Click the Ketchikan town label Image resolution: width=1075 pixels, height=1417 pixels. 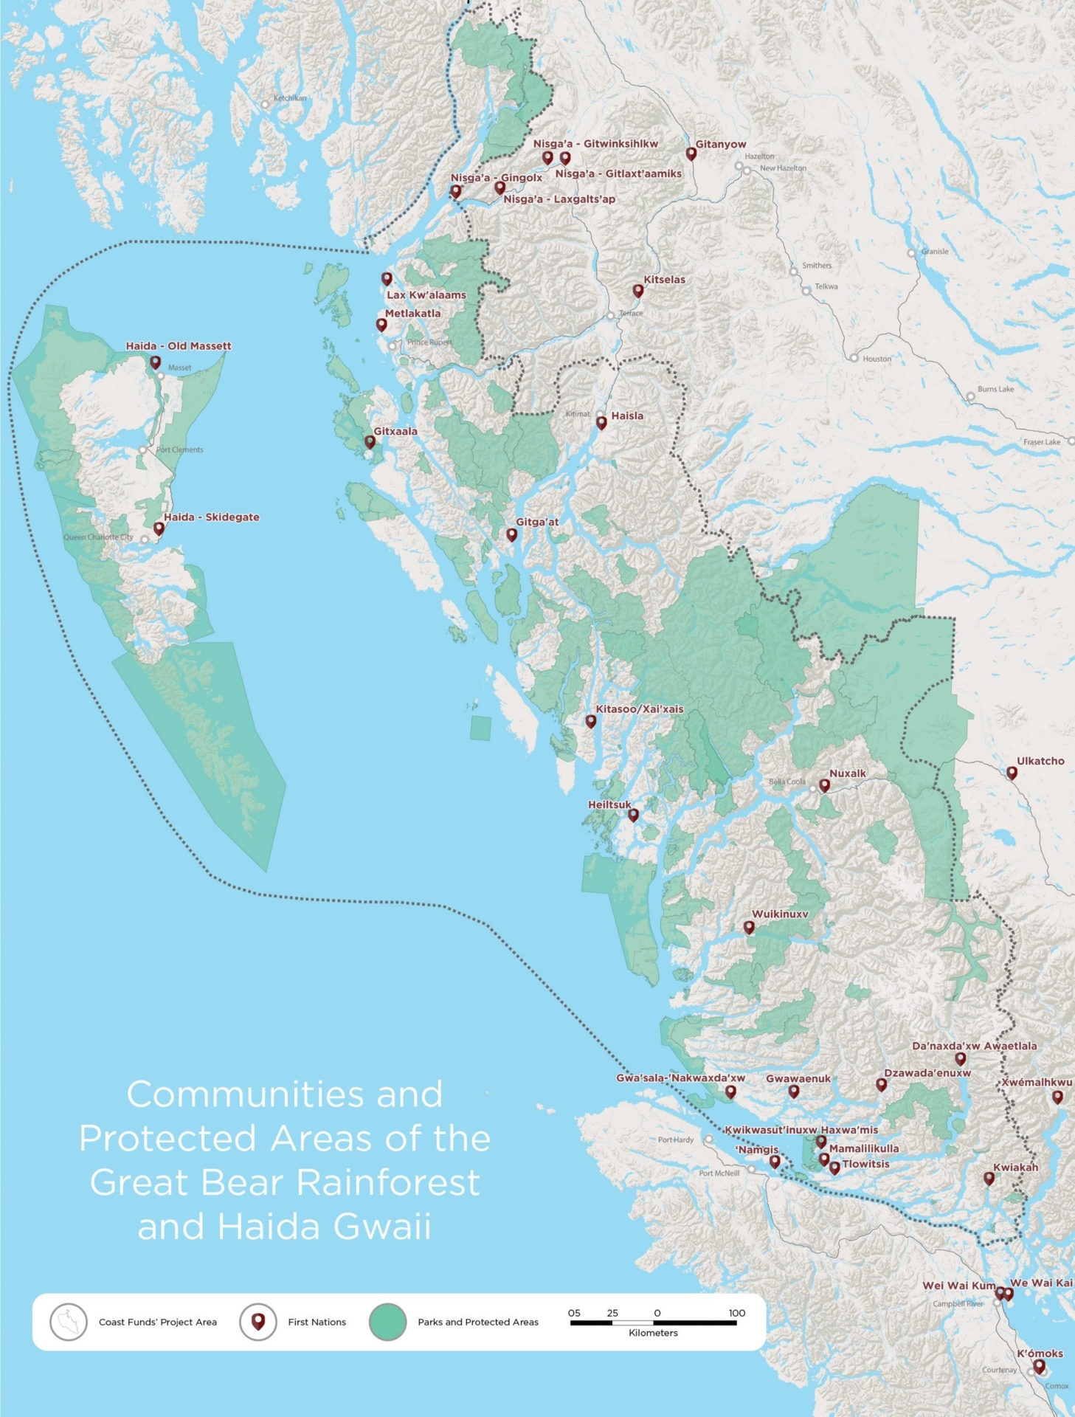(x=289, y=97)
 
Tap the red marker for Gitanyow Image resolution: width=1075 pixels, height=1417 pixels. (x=691, y=154)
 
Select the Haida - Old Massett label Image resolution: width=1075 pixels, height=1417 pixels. (x=178, y=345)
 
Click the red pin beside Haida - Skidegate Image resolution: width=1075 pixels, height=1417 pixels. (x=159, y=528)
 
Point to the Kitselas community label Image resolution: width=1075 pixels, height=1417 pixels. (x=664, y=280)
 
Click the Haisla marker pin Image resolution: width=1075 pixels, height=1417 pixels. (x=601, y=422)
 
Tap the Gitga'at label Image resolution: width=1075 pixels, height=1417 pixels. (x=536, y=522)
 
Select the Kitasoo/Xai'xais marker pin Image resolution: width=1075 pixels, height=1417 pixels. (x=590, y=720)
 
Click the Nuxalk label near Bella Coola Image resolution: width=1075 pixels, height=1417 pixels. (x=847, y=773)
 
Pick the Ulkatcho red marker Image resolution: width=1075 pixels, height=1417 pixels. (x=1012, y=772)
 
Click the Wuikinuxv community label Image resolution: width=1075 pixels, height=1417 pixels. (x=779, y=914)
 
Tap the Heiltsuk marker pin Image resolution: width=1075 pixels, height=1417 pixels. (x=633, y=815)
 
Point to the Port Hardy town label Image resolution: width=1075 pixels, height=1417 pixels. (x=675, y=1140)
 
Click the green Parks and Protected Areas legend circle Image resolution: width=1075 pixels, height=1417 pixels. (x=387, y=1322)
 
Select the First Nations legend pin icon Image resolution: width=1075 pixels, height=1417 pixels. (x=258, y=1322)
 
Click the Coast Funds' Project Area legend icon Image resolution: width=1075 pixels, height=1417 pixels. (x=69, y=1322)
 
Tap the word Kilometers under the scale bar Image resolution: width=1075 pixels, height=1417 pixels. (x=653, y=1333)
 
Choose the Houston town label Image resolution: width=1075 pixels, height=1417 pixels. (x=877, y=359)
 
